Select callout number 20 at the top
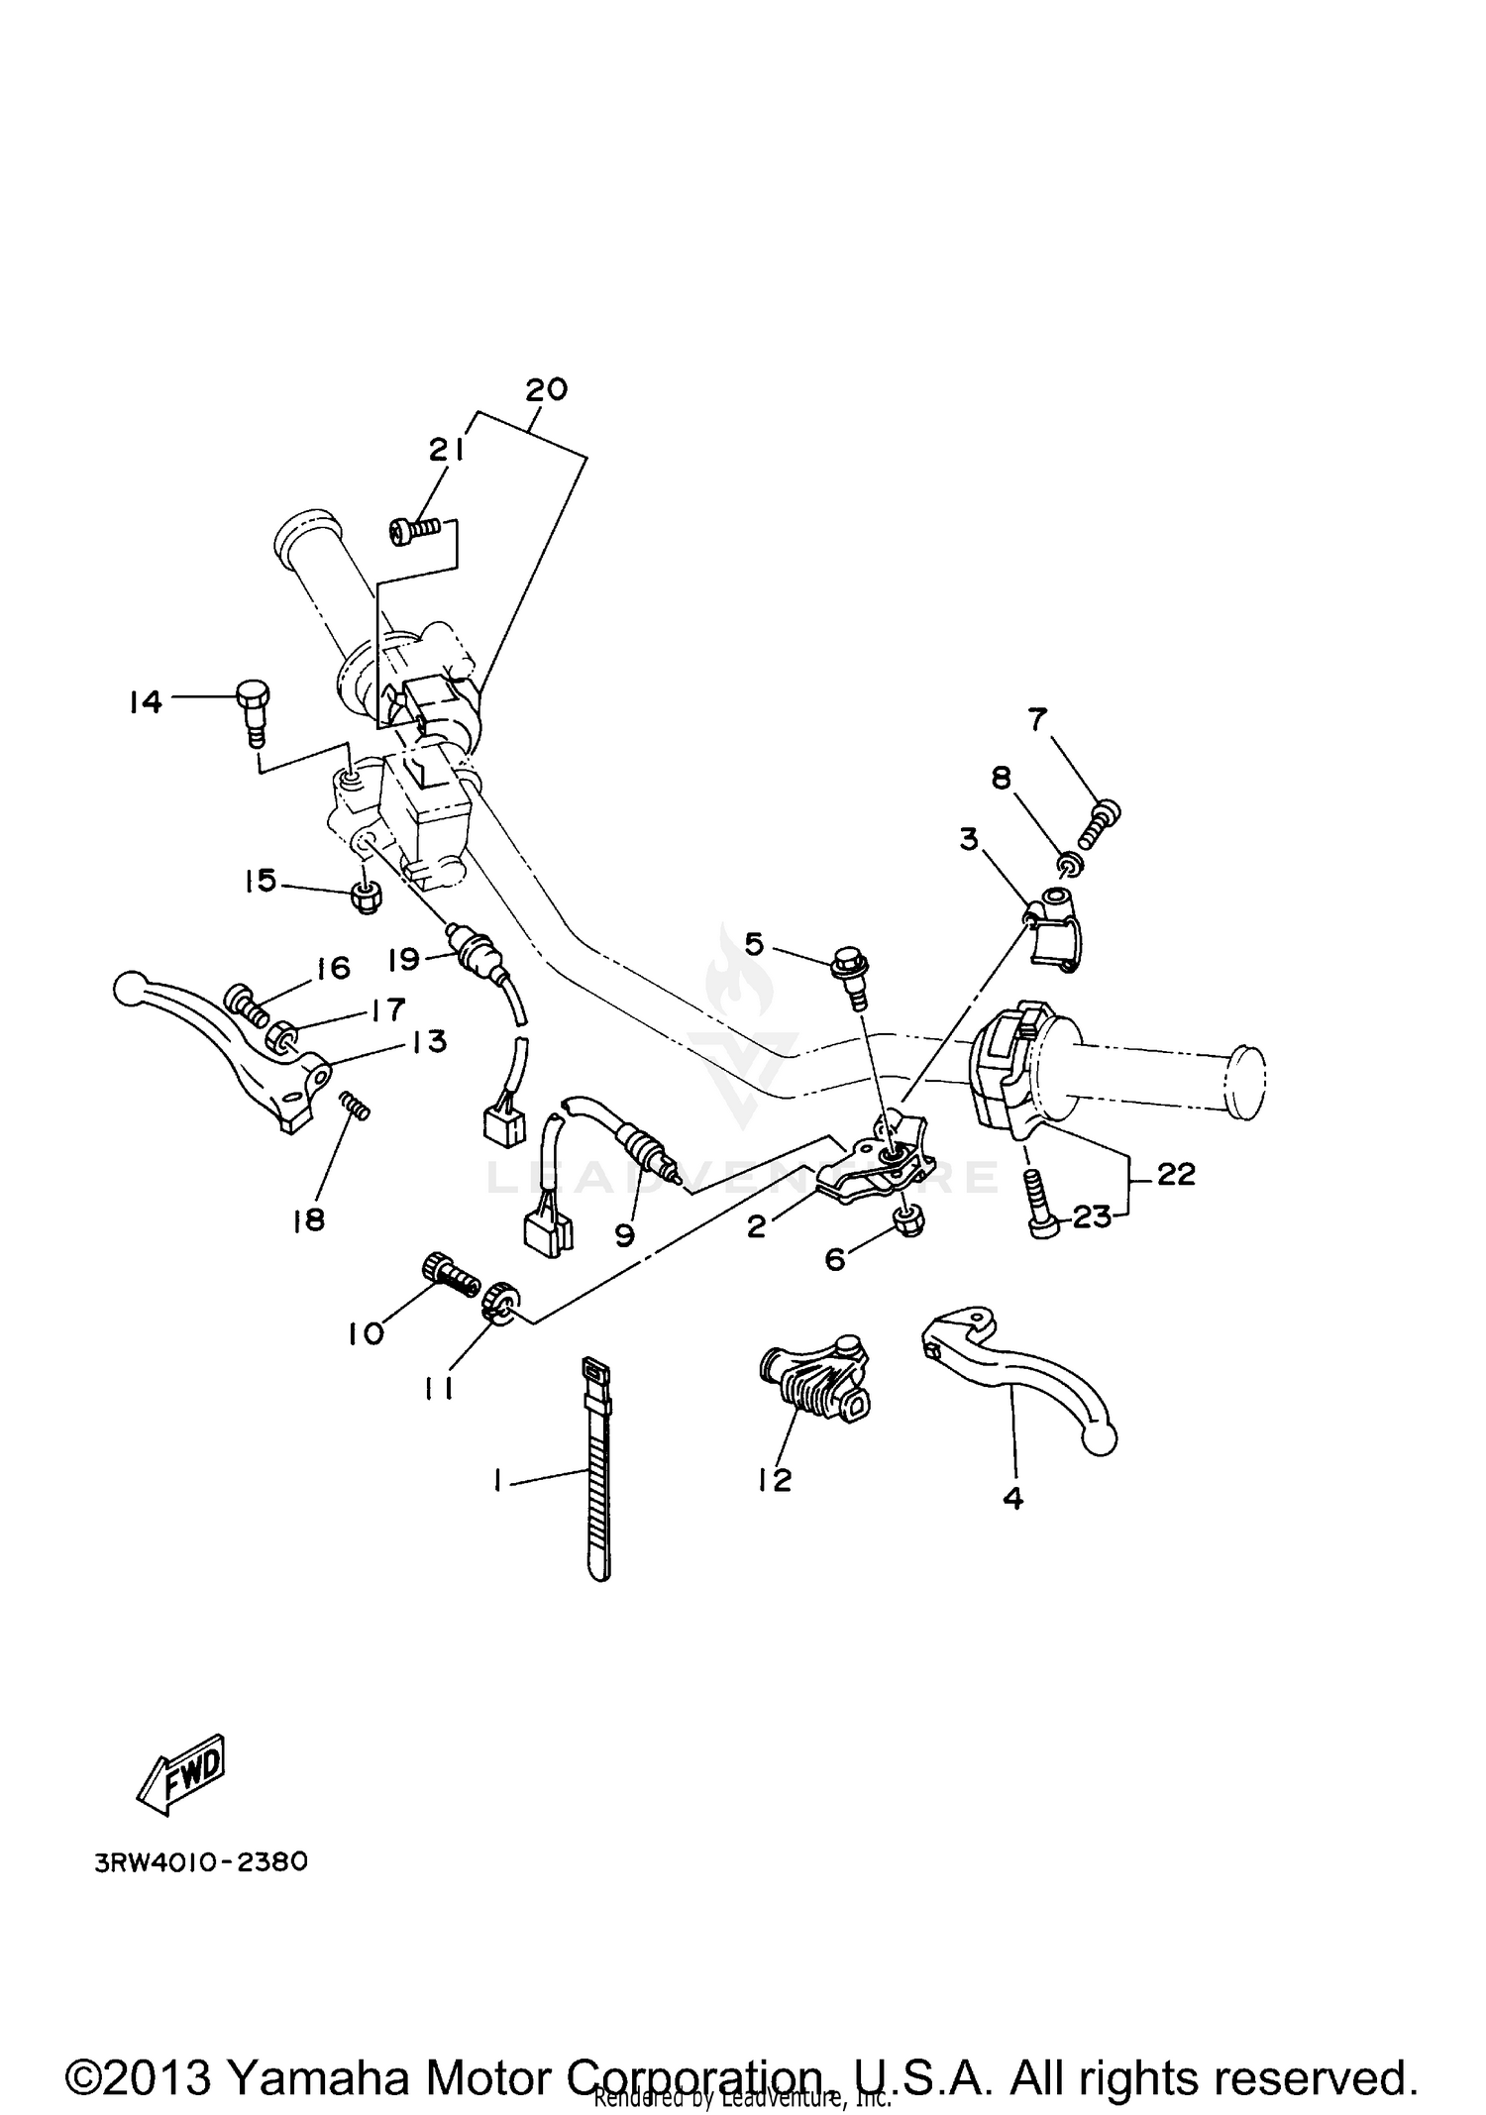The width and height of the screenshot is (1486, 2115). [546, 389]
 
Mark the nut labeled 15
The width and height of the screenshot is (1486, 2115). [367, 899]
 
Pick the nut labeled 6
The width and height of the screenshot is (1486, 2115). [907, 1221]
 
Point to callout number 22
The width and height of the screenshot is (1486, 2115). [1175, 1174]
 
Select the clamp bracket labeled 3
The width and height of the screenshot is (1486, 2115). [1056, 925]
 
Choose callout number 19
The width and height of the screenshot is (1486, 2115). [403, 958]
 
